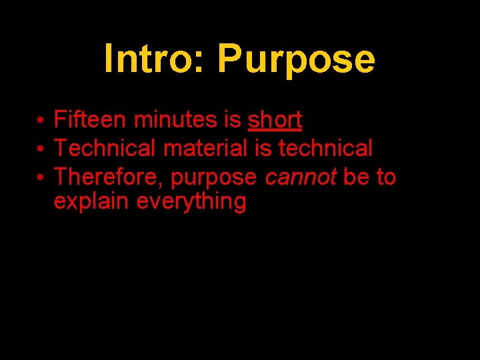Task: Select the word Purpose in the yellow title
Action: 295,60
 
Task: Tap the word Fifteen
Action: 91,120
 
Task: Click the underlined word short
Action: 275,120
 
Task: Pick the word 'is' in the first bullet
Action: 233,120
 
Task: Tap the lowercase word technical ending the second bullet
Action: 325,148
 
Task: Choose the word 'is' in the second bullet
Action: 263,148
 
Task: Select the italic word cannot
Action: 301,177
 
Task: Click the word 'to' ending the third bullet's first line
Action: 386,177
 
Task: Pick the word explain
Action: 91,202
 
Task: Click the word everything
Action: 191,202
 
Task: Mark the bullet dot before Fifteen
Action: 41,121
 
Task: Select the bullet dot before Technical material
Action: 41,149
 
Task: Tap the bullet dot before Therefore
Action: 41,179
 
